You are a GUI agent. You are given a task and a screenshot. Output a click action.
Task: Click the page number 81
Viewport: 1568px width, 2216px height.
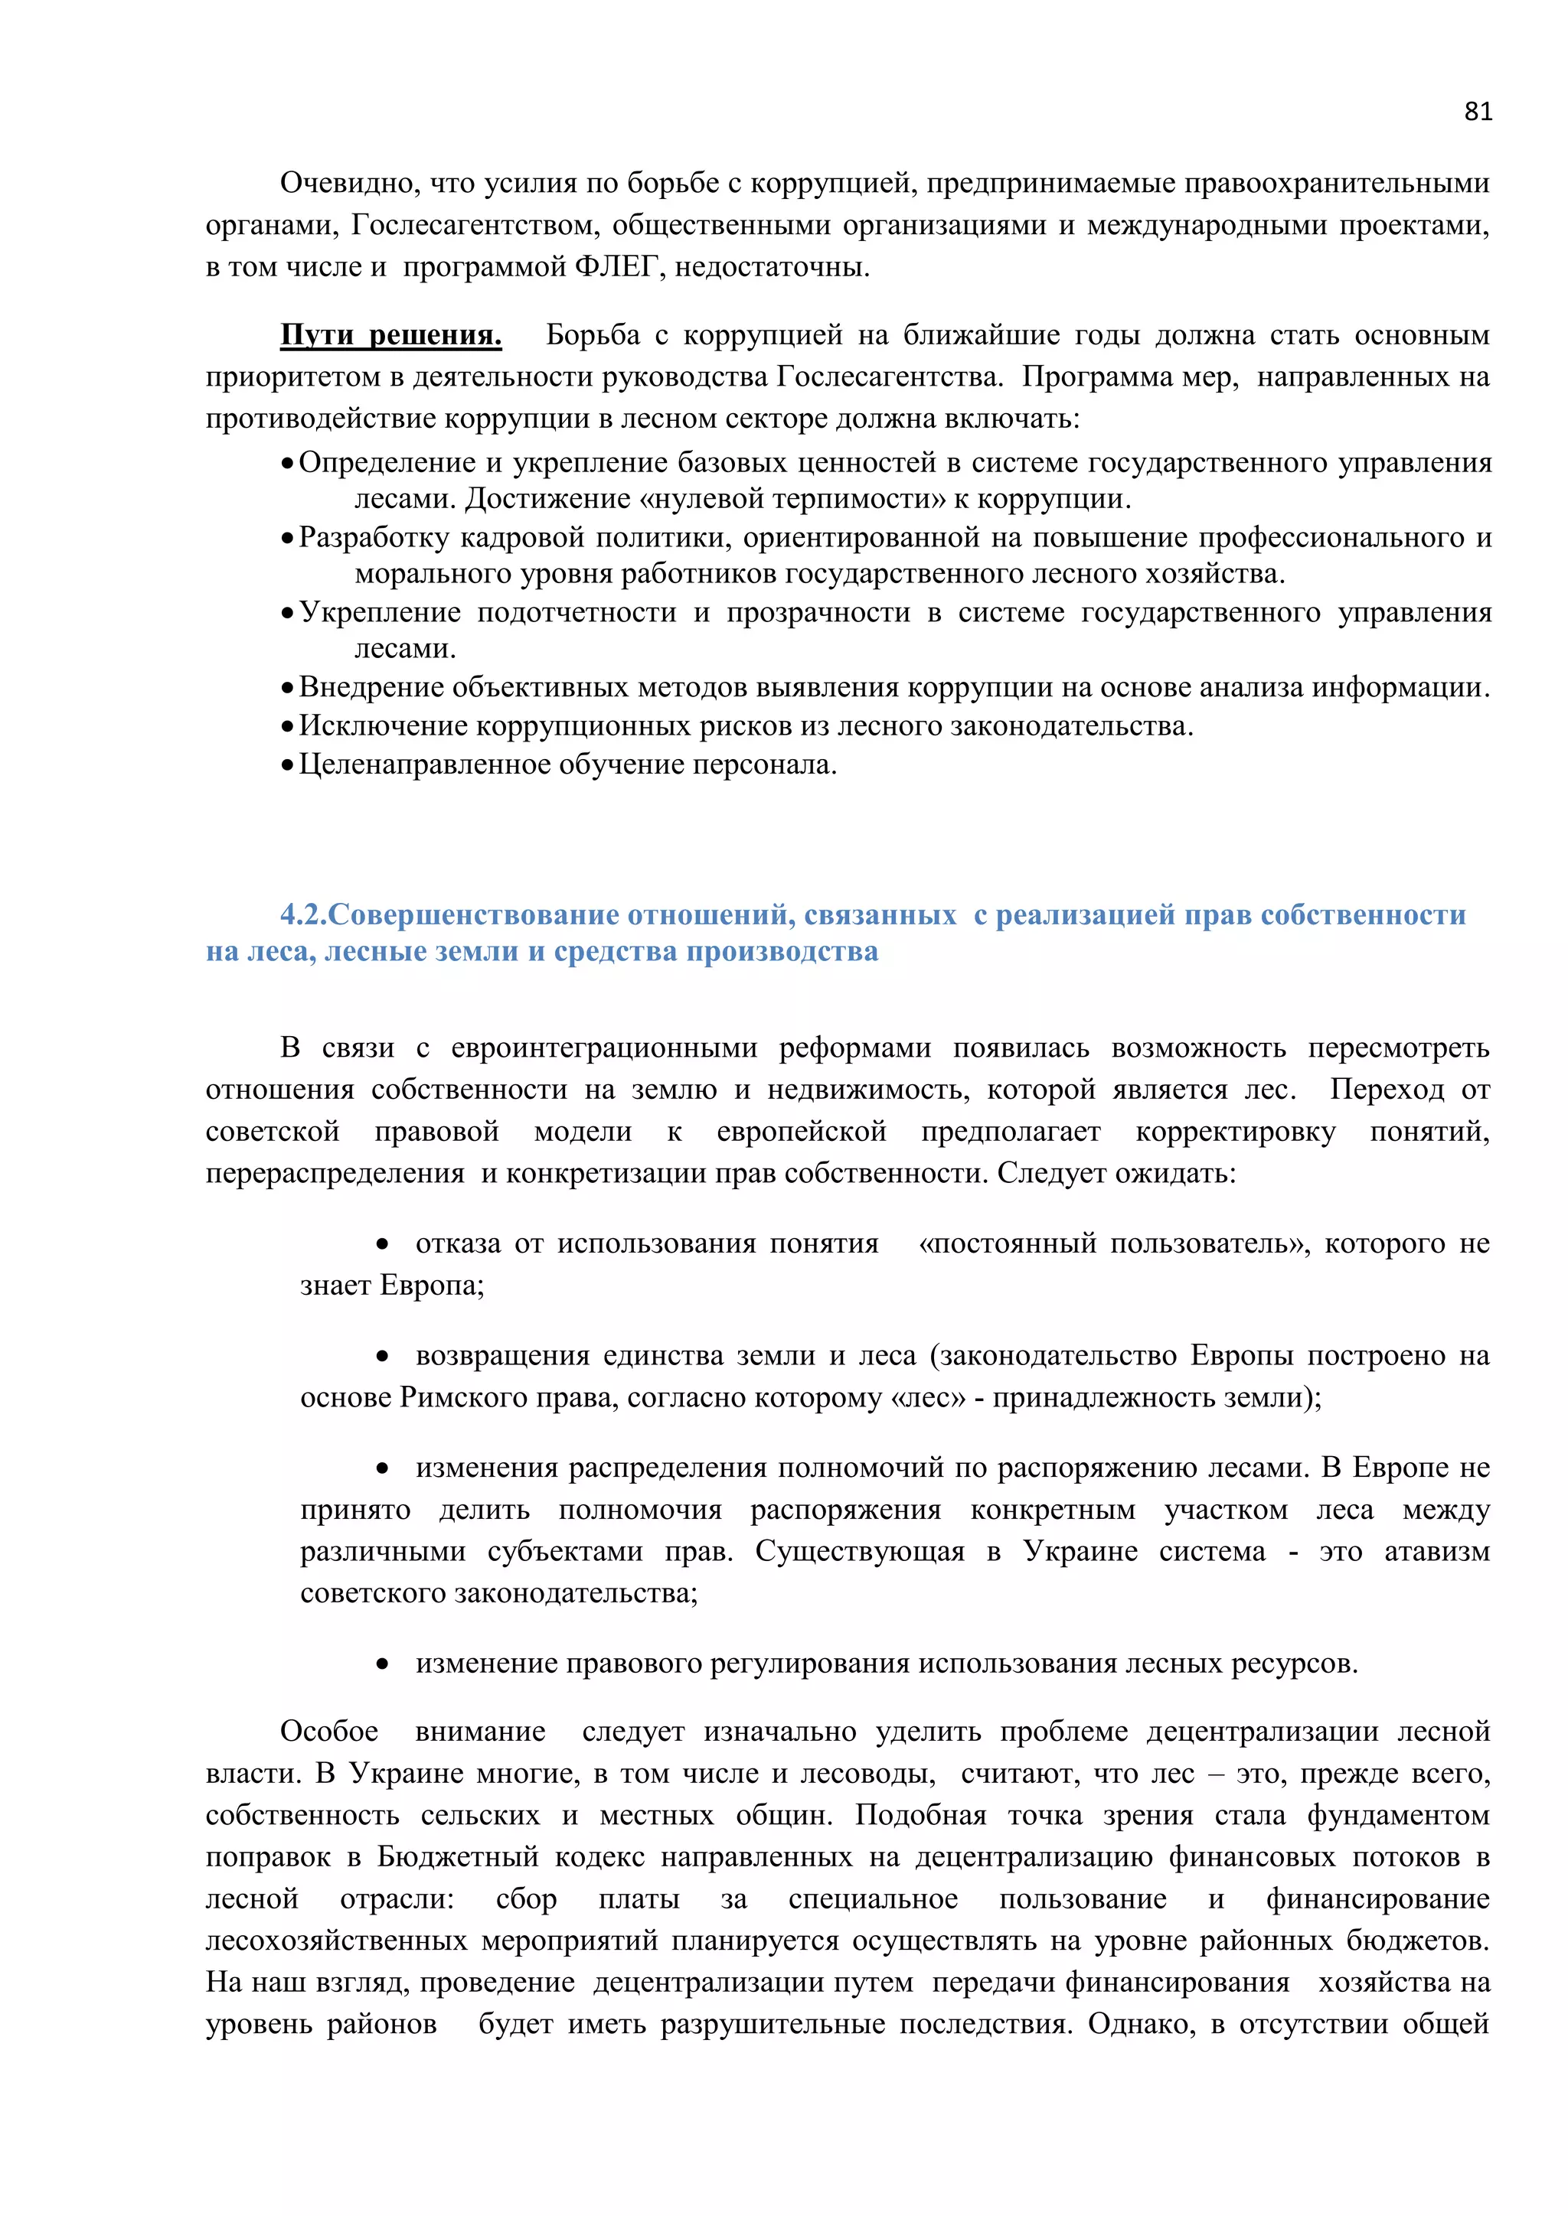tap(1477, 112)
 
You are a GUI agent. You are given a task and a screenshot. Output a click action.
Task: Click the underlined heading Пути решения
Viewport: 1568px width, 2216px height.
tap(391, 335)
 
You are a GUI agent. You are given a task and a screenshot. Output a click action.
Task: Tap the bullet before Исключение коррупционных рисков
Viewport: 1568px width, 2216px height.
tap(287, 727)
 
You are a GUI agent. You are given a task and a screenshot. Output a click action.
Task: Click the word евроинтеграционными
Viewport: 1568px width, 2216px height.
tap(604, 1048)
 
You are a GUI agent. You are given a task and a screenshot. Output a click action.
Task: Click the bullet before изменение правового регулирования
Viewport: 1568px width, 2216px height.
tap(384, 1664)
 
